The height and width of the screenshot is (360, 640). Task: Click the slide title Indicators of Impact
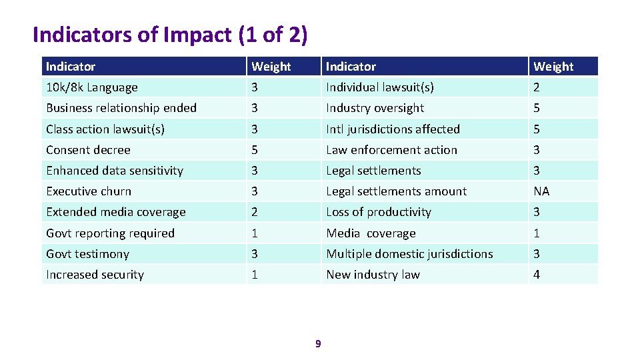pos(170,35)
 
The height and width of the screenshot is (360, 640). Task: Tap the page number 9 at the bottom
pos(318,343)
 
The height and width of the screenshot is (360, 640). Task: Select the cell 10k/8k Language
pos(92,87)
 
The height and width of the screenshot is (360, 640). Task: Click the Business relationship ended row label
pos(121,108)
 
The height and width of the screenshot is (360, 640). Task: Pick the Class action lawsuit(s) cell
pos(105,129)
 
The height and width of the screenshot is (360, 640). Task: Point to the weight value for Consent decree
pos(254,150)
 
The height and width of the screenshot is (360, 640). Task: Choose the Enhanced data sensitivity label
pos(114,171)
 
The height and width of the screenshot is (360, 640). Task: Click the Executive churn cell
pos(89,191)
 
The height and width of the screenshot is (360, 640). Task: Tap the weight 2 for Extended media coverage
pos(254,212)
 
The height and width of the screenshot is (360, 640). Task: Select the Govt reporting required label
pos(110,233)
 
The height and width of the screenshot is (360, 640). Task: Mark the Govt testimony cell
pos(87,254)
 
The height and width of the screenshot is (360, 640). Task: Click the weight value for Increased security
pos(254,275)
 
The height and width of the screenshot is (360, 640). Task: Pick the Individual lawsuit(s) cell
pos(380,87)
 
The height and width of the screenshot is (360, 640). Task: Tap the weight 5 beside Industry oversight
pos(537,108)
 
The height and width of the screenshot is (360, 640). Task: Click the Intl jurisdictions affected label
pos(393,129)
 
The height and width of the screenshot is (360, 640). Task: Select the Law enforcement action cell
pos(391,150)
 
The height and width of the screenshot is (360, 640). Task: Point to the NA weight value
pos(541,191)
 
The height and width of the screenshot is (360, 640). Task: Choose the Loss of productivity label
pos(379,212)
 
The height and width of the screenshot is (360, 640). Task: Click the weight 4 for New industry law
pos(537,275)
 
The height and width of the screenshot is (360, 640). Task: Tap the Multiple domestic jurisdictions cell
pos(409,254)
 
